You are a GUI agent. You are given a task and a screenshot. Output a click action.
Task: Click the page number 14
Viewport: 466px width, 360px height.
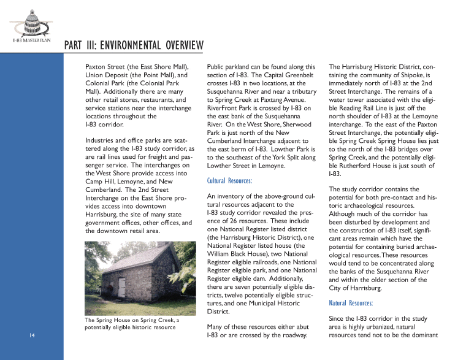click(x=32, y=335)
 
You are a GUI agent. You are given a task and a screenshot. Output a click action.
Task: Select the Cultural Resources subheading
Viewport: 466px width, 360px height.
click(x=230, y=180)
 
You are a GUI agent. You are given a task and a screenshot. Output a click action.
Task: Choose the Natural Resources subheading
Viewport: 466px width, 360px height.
click(x=351, y=303)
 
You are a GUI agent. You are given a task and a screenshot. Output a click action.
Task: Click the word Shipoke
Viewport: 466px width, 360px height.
click(x=408, y=74)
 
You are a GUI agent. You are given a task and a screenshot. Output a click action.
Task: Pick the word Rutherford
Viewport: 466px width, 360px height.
click(x=357, y=165)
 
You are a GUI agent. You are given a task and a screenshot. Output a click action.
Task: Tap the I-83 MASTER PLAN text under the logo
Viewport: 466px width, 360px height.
click(x=31, y=40)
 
